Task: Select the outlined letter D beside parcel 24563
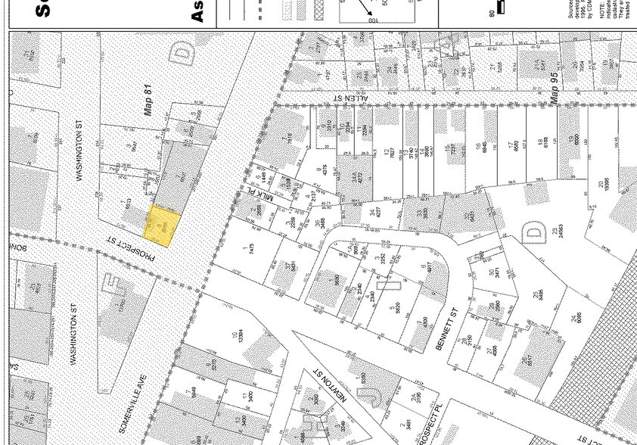tap(534, 232)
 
